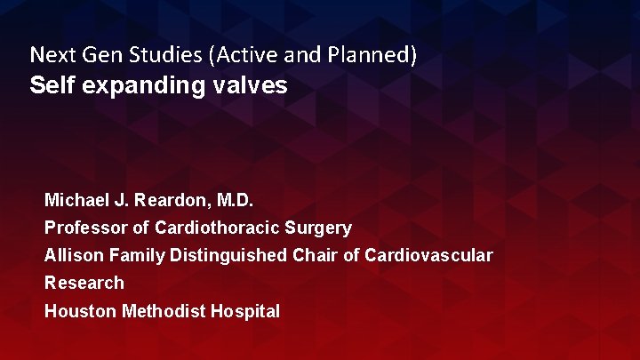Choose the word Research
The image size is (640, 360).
[84, 284]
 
